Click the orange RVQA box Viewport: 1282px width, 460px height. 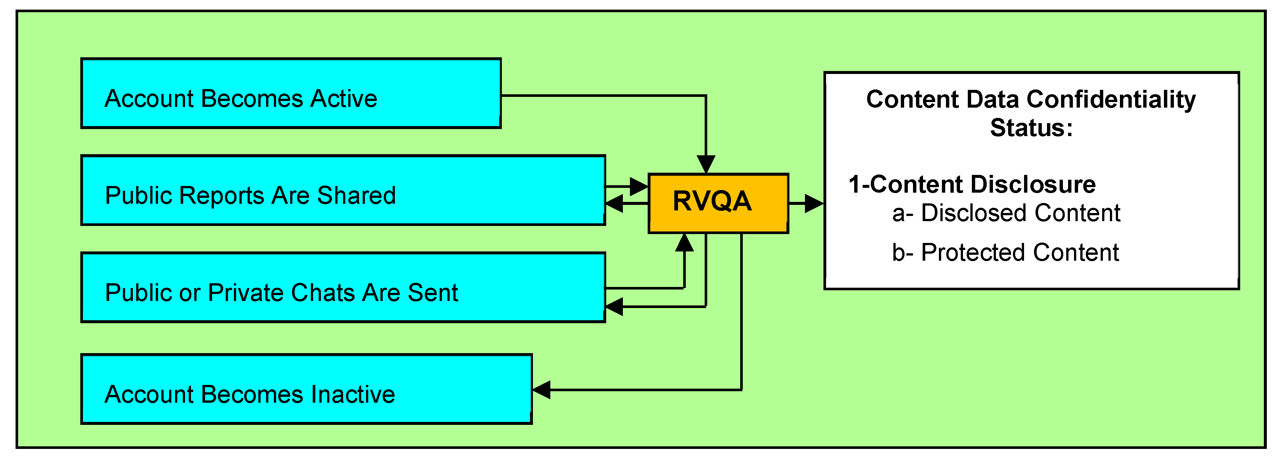pyautogui.click(x=718, y=203)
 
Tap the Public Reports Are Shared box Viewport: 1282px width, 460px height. pyautogui.click(x=343, y=190)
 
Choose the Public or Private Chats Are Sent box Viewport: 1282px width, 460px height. pyautogui.click(x=343, y=287)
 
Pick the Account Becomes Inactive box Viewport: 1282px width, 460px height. pyautogui.click(x=306, y=389)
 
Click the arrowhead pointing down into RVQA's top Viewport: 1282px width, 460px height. pyautogui.click(x=706, y=164)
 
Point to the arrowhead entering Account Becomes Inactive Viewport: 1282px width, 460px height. pyautogui.click(x=542, y=389)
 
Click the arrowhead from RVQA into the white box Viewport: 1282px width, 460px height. pyautogui.click(x=814, y=203)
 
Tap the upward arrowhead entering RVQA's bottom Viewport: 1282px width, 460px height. pyautogui.click(x=684, y=243)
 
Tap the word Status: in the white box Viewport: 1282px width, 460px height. pyautogui.click(x=1031, y=128)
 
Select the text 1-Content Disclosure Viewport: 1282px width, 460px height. pyautogui.click(x=971, y=185)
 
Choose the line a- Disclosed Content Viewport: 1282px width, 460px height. pyautogui.click(x=1006, y=213)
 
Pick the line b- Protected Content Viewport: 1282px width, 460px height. pyautogui.click(x=1005, y=252)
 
